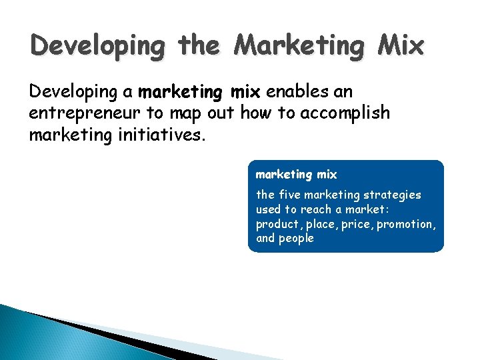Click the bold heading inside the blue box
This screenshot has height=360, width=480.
click(x=297, y=175)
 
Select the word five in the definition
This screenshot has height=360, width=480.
click(x=290, y=195)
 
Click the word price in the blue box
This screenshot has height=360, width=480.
click(x=359, y=224)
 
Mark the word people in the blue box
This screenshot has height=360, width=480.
click(x=297, y=239)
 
